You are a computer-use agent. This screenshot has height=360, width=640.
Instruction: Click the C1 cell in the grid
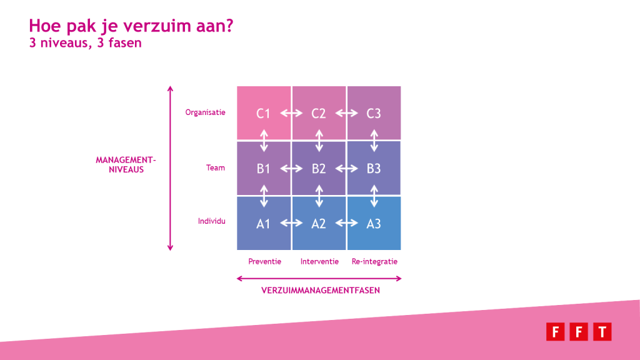click(264, 112)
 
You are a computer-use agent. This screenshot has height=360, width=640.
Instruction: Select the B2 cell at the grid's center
click(319, 168)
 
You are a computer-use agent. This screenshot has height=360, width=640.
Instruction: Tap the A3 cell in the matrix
click(374, 223)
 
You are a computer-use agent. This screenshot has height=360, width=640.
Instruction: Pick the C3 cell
click(374, 112)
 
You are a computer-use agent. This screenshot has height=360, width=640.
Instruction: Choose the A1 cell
click(264, 223)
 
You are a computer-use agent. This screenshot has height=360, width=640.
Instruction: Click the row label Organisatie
click(205, 112)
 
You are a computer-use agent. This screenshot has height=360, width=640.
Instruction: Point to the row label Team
click(216, 167)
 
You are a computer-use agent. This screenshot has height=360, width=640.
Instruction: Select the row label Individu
click(211, 221)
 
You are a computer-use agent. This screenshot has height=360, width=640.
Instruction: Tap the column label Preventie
click(264, 262)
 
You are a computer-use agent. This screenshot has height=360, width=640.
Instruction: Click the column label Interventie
click(319, 262)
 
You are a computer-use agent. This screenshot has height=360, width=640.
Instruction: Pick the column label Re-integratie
click(375, 262)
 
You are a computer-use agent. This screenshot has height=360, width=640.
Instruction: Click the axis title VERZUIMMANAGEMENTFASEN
click(321, 290)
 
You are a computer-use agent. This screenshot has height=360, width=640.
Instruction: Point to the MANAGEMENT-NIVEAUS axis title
click(126, 164)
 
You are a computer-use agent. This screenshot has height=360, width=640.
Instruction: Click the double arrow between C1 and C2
click(291, 113)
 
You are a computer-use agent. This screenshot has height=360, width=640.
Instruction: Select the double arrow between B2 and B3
click(346, 168)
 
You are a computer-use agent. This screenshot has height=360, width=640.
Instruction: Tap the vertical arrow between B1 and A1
click(264, 196)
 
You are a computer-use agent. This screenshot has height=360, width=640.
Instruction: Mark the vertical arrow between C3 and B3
click(374, 141)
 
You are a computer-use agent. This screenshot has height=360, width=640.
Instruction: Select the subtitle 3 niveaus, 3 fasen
click(85, 43)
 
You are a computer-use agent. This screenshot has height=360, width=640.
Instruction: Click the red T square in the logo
click(602, 331)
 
